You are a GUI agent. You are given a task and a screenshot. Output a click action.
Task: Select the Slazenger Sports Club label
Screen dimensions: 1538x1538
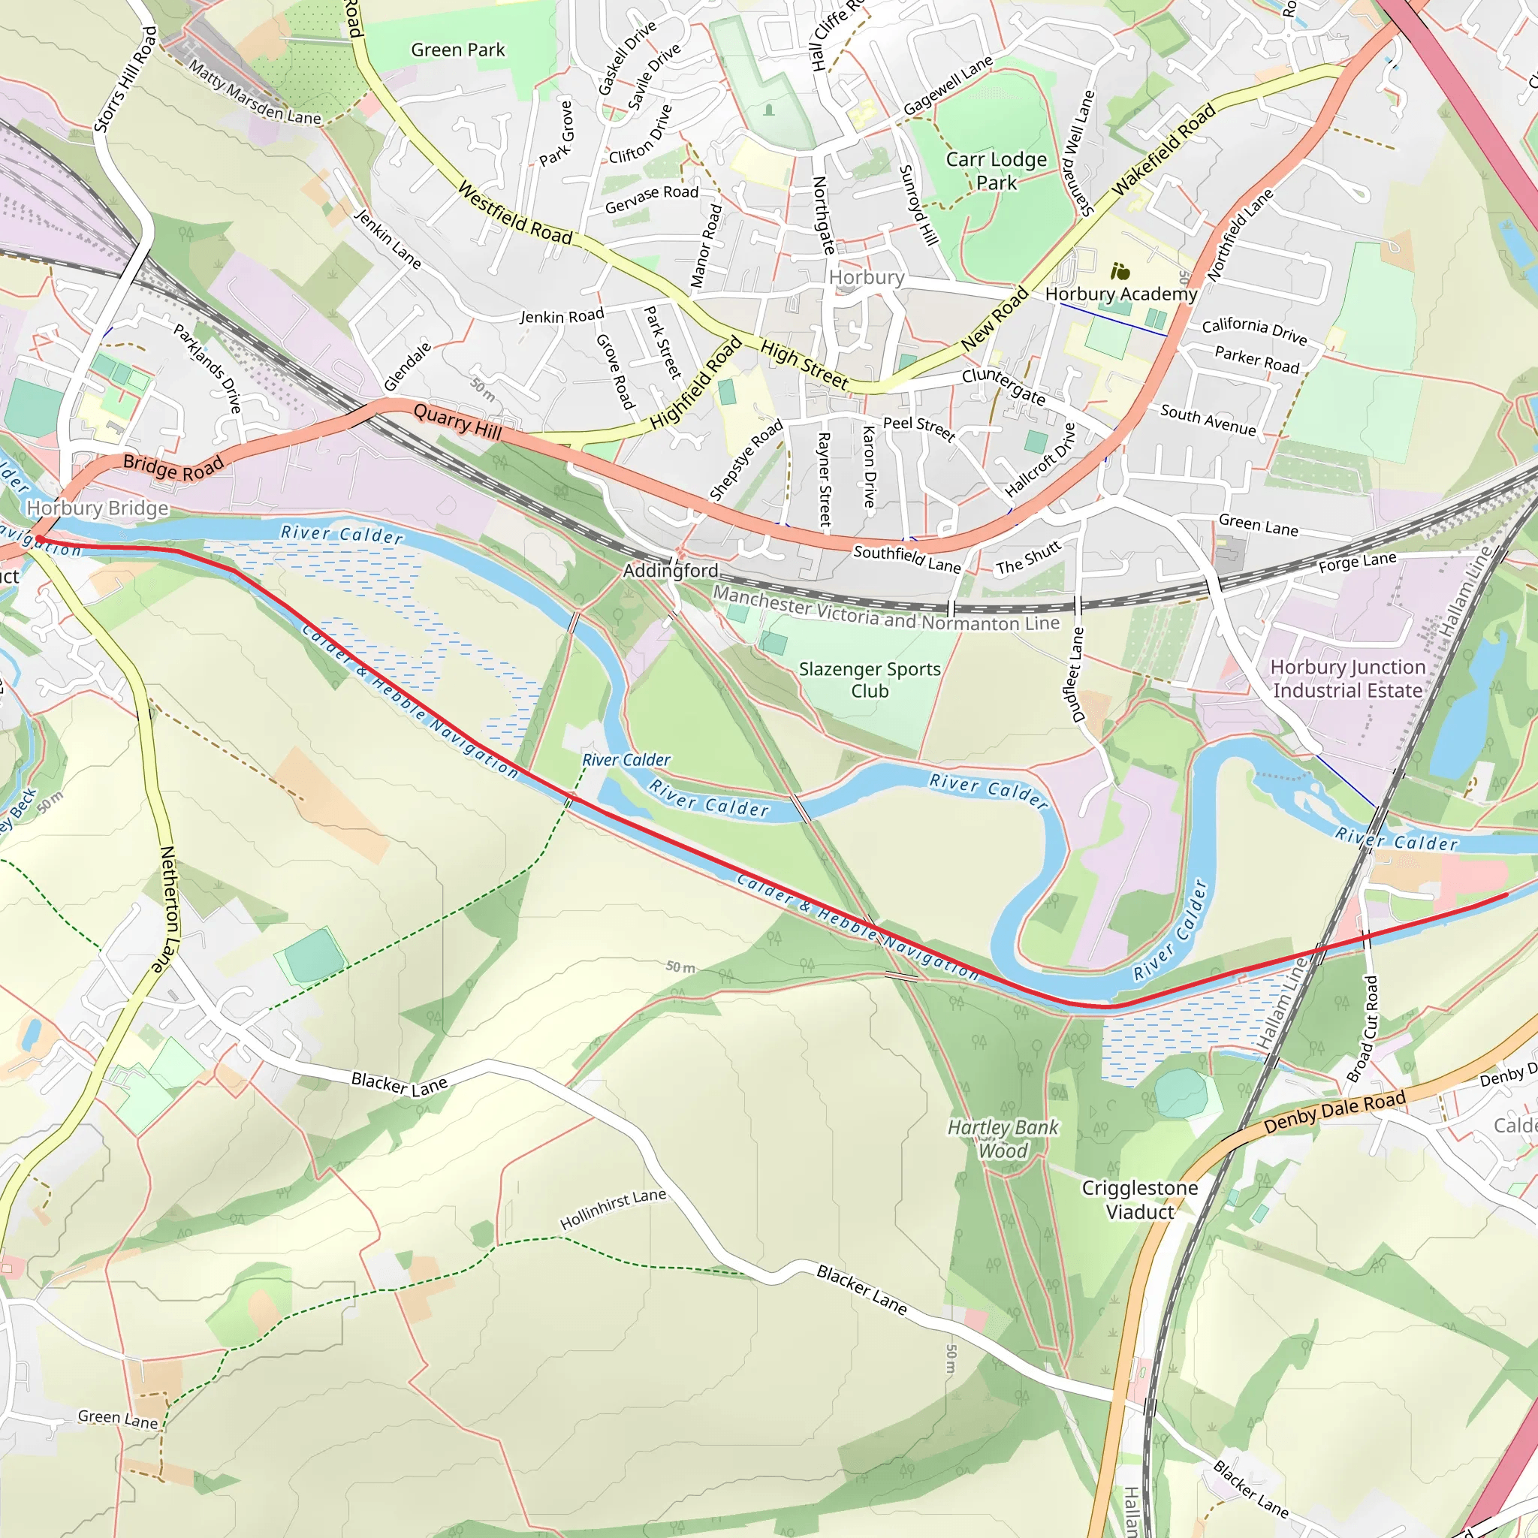pyautogui.click(x=870, y=680)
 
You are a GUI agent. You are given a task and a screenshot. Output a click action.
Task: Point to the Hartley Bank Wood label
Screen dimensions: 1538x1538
pyautogui.click(x=1003, y=1138)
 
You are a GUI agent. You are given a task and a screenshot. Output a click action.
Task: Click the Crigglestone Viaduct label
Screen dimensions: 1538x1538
pyautogui.click(x=1139, y=1199)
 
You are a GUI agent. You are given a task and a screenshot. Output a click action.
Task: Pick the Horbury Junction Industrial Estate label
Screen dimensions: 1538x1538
pyautogui.click(x=1347, y=678)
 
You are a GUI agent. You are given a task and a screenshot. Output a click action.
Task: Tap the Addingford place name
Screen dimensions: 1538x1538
pyautogui.click(x=671, y=571)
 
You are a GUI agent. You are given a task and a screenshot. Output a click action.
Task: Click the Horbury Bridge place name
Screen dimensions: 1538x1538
pyautogui.click(x=97, y=508)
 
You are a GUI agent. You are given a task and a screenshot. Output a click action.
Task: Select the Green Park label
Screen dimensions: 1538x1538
pyautogui.click(x=458, y=50)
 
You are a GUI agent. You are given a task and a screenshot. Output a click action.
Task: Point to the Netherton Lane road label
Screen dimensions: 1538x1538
pyautogui.click(x=168, y=909)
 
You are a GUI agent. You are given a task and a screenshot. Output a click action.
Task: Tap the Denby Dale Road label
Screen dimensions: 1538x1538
pyautogui.click(x=1334, y=1113)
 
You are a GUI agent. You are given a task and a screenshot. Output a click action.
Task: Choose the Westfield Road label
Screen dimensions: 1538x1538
pyautogui.click(x=515, y=213)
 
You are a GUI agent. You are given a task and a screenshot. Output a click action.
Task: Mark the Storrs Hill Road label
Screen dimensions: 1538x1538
pyautogui.click(x=125, y=80)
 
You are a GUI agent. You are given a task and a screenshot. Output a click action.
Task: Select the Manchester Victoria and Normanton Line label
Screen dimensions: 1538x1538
pyautogui.click(x=885, y=608)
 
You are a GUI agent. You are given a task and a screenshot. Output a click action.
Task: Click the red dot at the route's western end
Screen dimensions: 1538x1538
pyautogui.click(x=39, y=540)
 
